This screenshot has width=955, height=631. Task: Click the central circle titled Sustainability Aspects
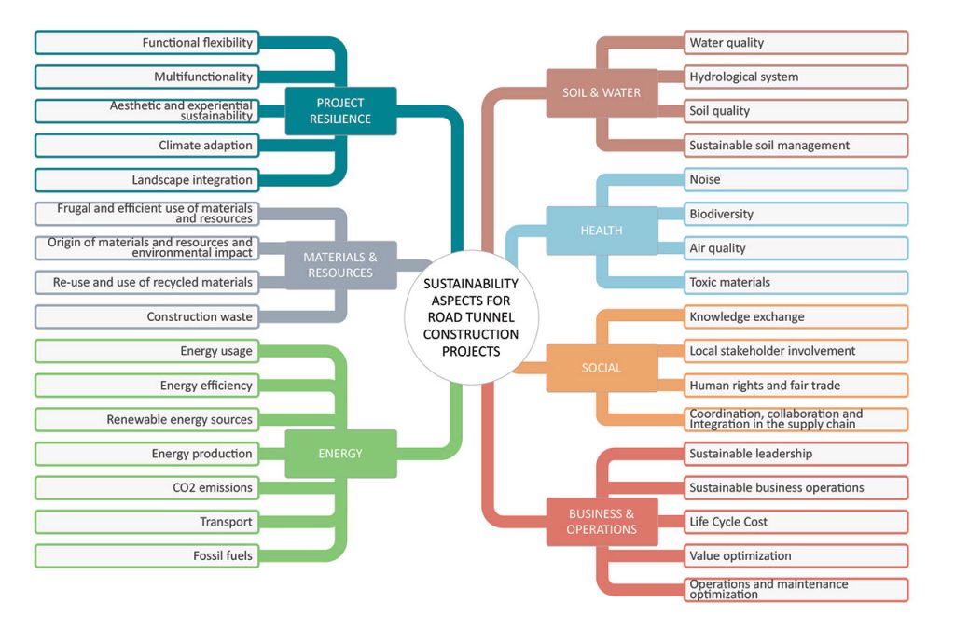(470, 317)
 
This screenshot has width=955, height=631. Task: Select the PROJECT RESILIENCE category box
(341, 111)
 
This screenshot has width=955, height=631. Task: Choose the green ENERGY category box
(340, 454)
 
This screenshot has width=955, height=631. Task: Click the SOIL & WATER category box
(602, 93)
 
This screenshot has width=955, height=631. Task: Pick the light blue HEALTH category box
(602, 231)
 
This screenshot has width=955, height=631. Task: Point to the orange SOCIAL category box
(602, 368)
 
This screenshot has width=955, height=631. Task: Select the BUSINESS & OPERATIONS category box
(602, 522)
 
